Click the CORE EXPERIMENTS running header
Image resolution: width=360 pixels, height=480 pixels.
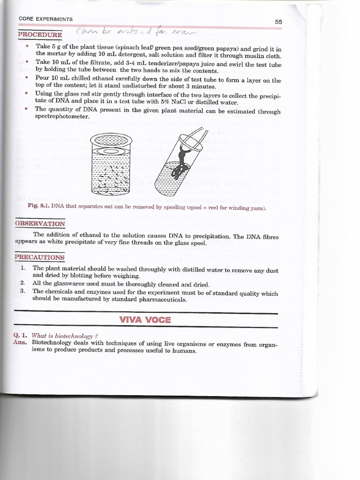[45, 19]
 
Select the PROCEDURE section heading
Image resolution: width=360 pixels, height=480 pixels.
[40, 34]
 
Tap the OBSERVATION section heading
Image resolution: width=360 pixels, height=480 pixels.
[40, 224]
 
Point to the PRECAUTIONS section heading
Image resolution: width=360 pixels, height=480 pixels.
[40, 257]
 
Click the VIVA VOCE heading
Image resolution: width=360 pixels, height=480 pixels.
[145, 320]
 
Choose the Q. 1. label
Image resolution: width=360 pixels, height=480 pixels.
[22, 336]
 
